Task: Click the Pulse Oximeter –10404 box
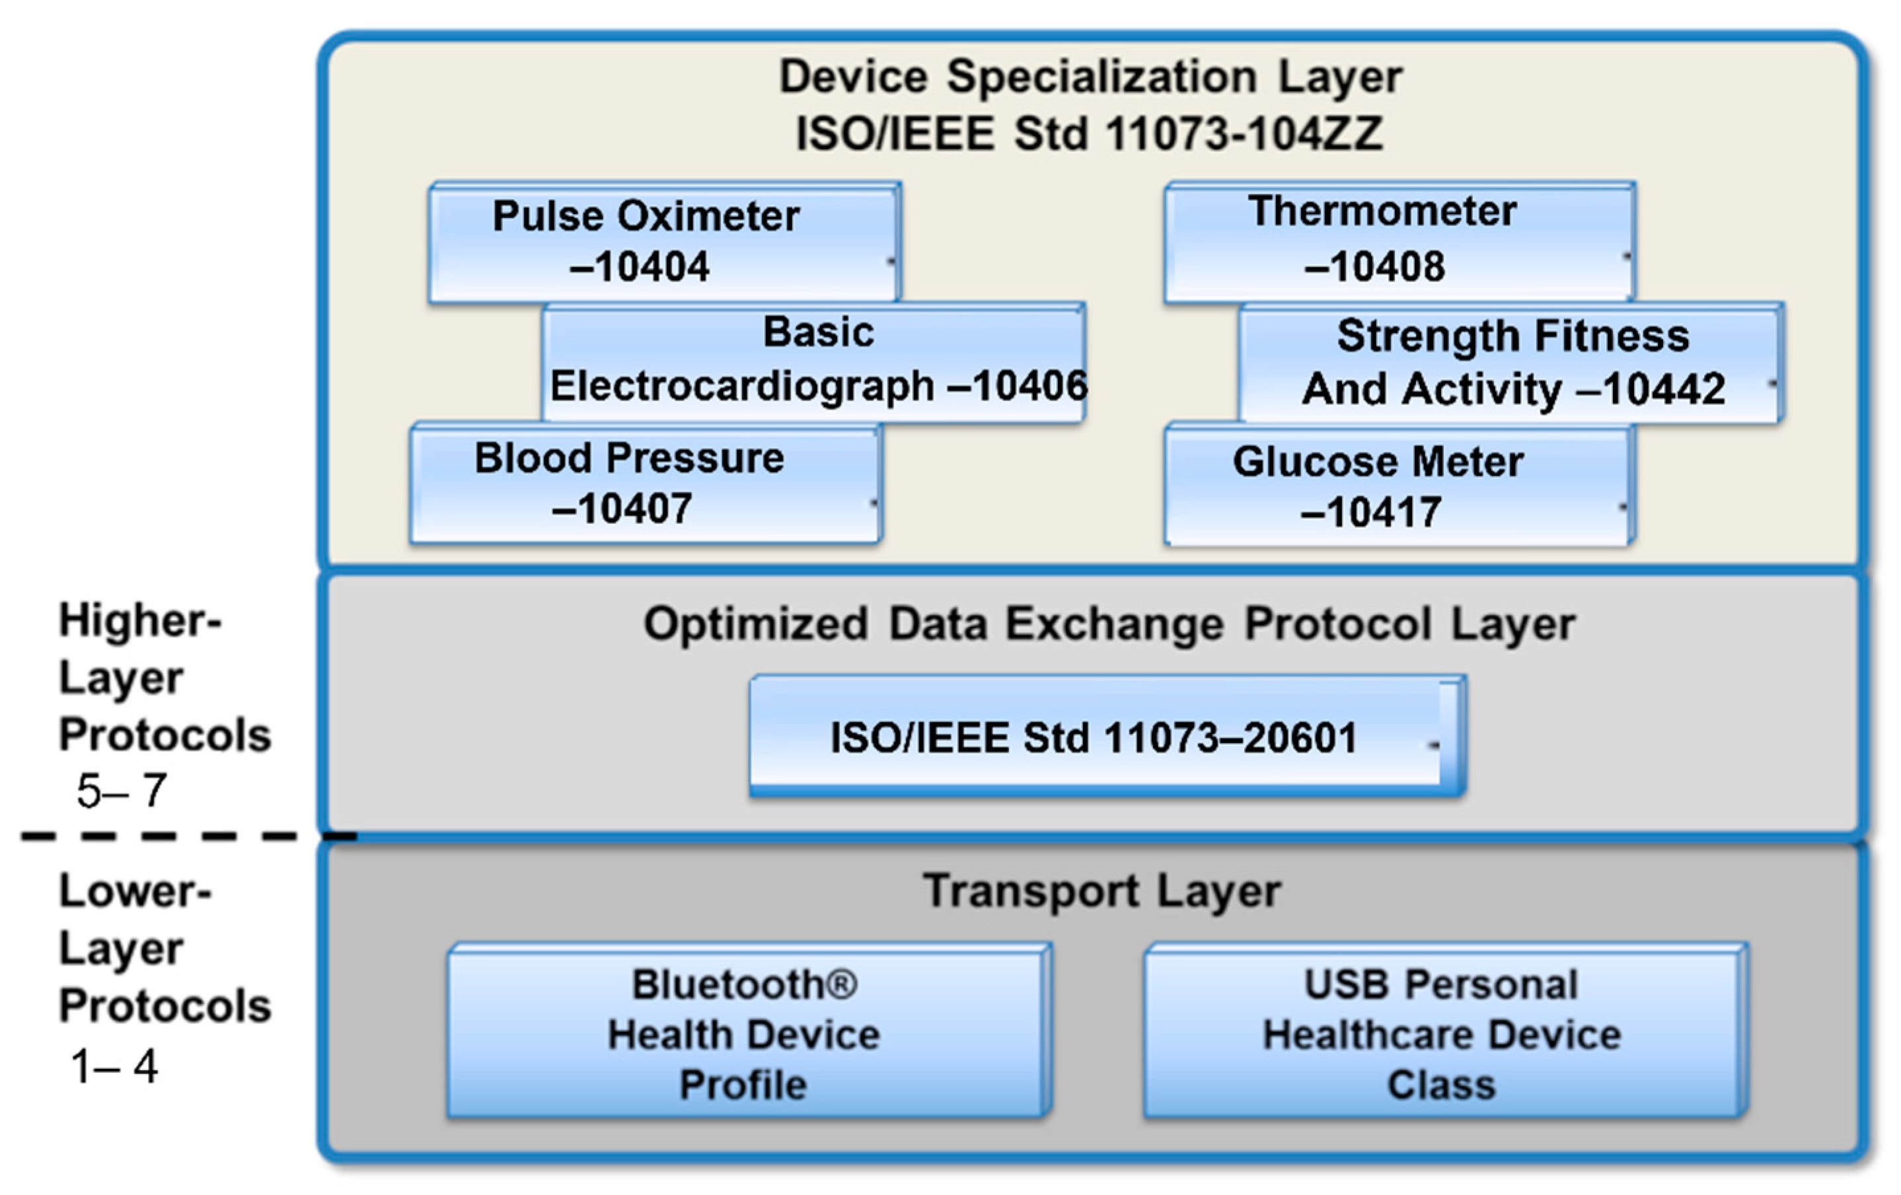[663, 242]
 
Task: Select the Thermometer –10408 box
[1399, 242]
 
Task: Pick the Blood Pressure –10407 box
[644, 483]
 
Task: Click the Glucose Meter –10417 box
[1398, 485]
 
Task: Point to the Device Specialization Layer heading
[1090, 77]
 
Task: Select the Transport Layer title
[1102, 890]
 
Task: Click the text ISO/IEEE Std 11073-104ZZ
[1090, 133]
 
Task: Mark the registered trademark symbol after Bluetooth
[843, 984]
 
